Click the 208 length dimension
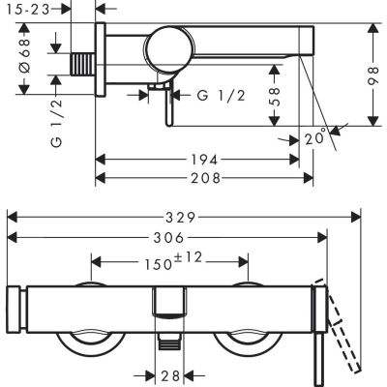click(x=203, y=177)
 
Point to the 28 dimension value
click(x=170, y=374)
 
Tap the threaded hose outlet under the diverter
click(x=170, y=340)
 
